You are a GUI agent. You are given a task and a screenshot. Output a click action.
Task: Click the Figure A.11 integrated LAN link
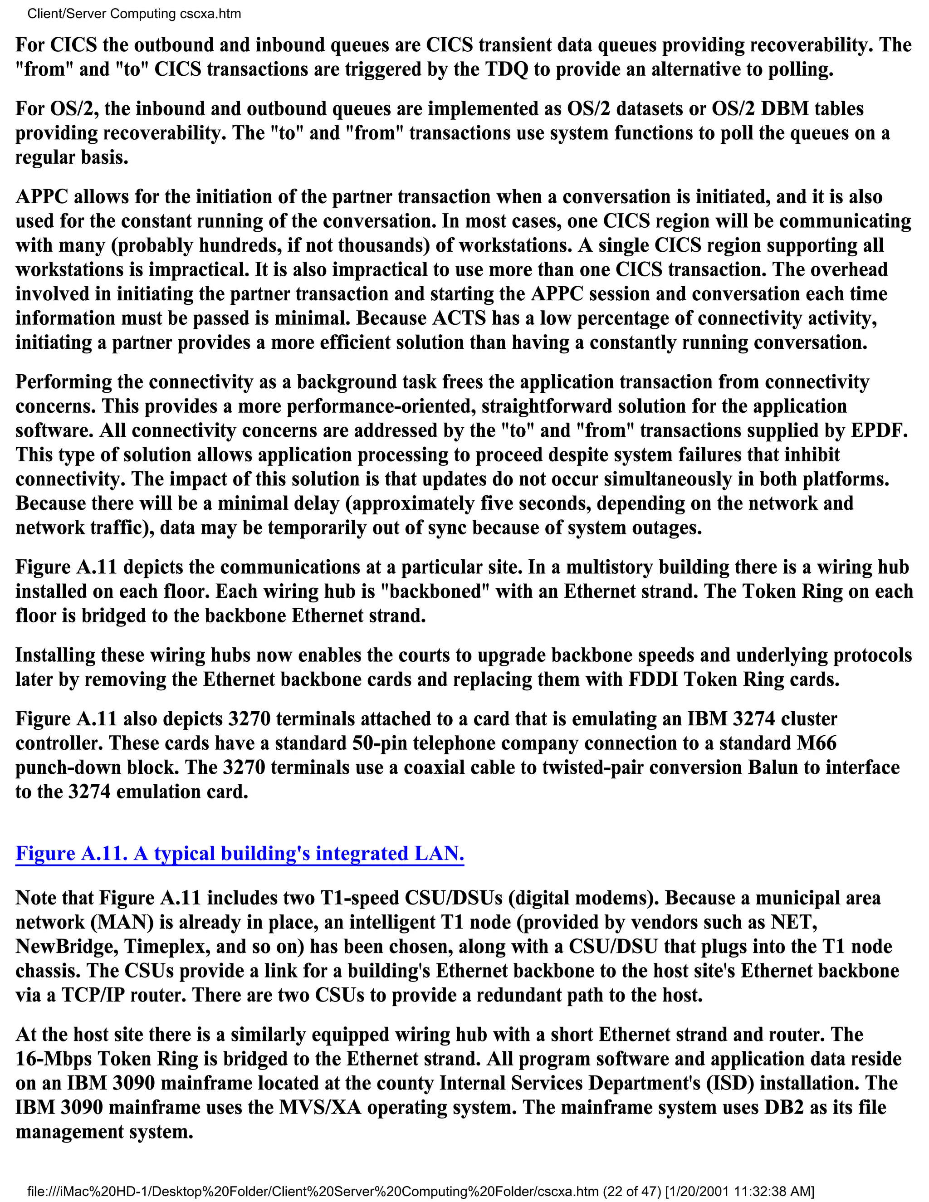[240, 853]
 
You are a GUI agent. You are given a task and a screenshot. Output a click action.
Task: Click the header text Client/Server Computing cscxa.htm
[134, 14]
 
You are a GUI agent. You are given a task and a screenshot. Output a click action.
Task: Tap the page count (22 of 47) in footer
[632, 1192]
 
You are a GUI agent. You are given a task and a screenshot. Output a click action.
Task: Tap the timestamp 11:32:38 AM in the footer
[765, 1192]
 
